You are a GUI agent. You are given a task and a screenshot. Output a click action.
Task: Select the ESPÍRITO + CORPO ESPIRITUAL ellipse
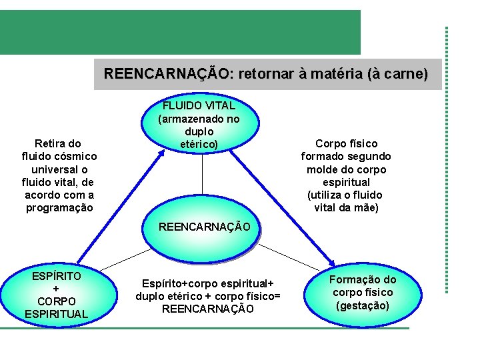point(56,294)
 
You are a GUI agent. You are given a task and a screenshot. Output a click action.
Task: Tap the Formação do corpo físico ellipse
point(363,293)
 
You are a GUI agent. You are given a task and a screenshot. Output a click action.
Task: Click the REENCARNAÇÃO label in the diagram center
point(205,227)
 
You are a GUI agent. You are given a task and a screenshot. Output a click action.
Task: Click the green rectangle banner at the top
point(180,32)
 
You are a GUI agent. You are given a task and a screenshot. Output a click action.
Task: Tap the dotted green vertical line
point(447,160)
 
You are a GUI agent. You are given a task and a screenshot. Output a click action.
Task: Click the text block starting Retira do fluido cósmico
point(59,175)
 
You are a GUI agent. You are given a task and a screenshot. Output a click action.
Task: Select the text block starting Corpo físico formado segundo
point(346,175)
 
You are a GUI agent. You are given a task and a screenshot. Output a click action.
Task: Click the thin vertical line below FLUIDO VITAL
point(202,183)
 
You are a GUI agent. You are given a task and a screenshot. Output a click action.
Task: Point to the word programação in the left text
point(59,207)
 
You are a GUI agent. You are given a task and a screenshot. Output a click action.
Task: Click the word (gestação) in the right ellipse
point(363,306)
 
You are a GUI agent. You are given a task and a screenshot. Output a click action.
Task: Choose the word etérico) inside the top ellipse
point(199,143)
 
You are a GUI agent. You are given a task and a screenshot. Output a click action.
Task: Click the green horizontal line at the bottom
point(200,328)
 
